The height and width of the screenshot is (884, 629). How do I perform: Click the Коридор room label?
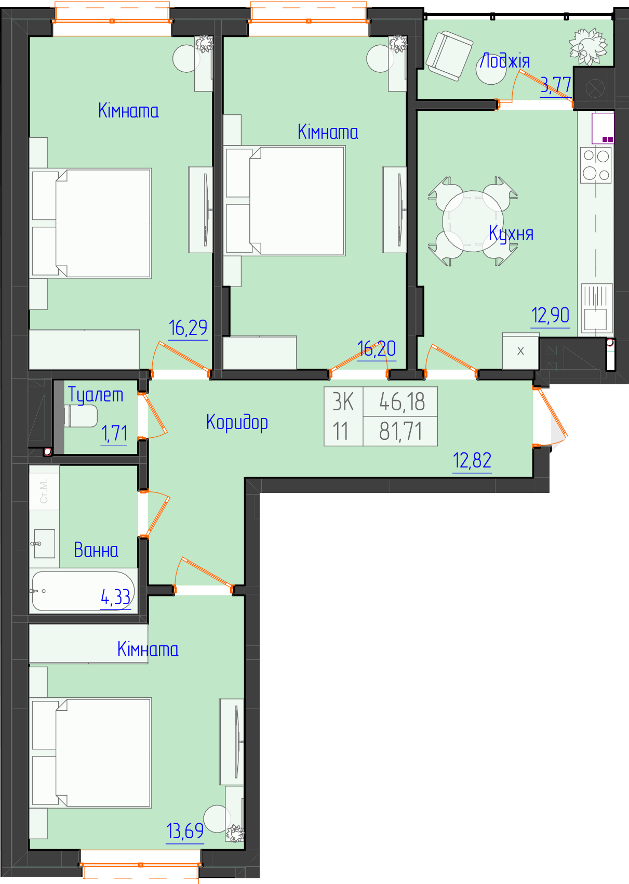237,422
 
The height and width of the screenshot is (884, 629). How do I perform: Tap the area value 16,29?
188,328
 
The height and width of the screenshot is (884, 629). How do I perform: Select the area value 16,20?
377,348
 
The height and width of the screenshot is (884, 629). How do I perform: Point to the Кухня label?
511,233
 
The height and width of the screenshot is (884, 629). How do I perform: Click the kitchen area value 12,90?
550,315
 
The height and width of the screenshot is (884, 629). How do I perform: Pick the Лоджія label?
505,61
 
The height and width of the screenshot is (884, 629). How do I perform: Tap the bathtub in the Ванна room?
83,591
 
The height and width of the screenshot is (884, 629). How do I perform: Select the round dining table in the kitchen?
473,222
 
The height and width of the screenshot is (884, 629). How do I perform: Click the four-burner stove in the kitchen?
596,165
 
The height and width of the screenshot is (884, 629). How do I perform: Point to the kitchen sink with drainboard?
597,308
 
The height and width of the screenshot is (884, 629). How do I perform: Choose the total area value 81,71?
400,432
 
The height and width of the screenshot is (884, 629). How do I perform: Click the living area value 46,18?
402,402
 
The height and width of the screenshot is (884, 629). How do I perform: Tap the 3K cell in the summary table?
343,402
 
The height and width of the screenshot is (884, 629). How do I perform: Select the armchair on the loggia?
449,56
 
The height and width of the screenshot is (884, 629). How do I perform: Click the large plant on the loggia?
587,46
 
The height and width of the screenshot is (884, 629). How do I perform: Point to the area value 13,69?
185,831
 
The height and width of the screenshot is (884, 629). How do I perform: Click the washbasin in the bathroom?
44,544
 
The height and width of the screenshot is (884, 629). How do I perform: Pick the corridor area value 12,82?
472,461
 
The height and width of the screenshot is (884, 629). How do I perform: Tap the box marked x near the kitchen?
520,351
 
